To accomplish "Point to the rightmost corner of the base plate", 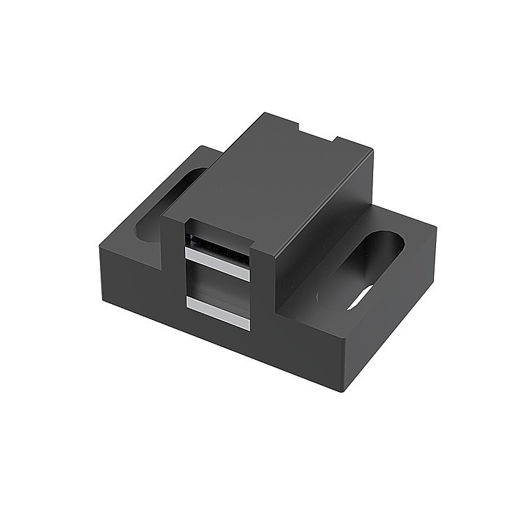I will click(x=437, y=227).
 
